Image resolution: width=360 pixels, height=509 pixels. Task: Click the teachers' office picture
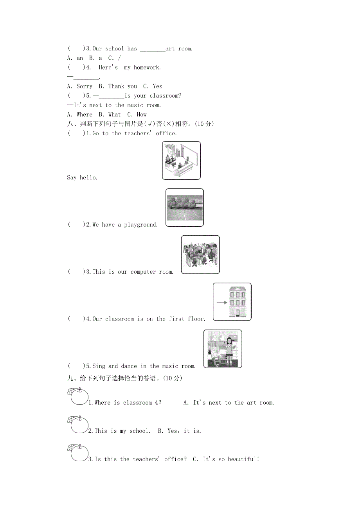181,160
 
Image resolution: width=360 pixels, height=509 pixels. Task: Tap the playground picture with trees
185,207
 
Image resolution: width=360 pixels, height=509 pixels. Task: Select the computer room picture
200,254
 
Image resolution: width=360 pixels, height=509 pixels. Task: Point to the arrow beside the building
221,302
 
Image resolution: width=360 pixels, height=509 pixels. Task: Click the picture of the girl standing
223,349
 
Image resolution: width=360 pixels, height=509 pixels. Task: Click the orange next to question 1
79,397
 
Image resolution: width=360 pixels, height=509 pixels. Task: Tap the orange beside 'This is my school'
79,425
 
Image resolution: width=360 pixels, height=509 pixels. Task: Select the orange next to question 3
79,453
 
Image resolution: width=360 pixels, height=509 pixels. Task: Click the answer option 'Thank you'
122,86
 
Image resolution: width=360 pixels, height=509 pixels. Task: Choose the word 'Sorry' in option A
85,86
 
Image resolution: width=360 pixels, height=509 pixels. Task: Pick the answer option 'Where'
85,115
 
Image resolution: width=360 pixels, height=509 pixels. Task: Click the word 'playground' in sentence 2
141,225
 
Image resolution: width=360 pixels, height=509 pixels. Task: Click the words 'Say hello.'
82,177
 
